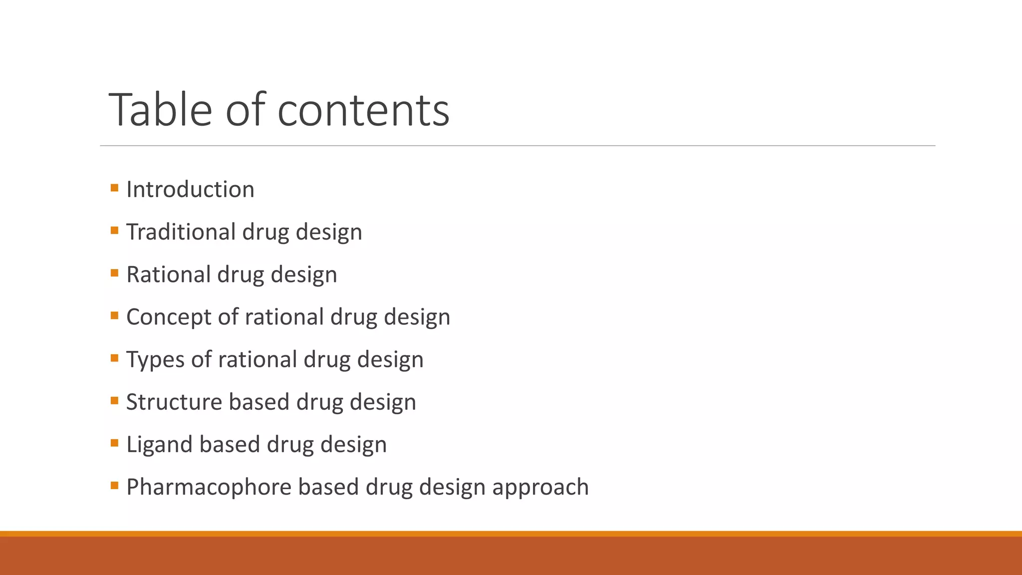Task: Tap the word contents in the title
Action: point(363,110)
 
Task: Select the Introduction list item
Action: point(190,190)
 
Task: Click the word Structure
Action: point(174,402)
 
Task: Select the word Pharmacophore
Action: point(209,487)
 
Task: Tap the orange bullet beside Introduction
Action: point(115,188)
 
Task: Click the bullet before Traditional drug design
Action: point(115,231)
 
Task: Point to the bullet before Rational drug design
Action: point(115,273)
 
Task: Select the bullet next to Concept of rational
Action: point(115,315)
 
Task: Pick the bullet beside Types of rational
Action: point(115,358)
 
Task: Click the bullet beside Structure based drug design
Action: point(115,400)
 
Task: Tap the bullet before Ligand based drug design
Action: point(115,443)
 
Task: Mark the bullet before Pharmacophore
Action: point(115,485)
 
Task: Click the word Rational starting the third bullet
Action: point(168,275)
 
